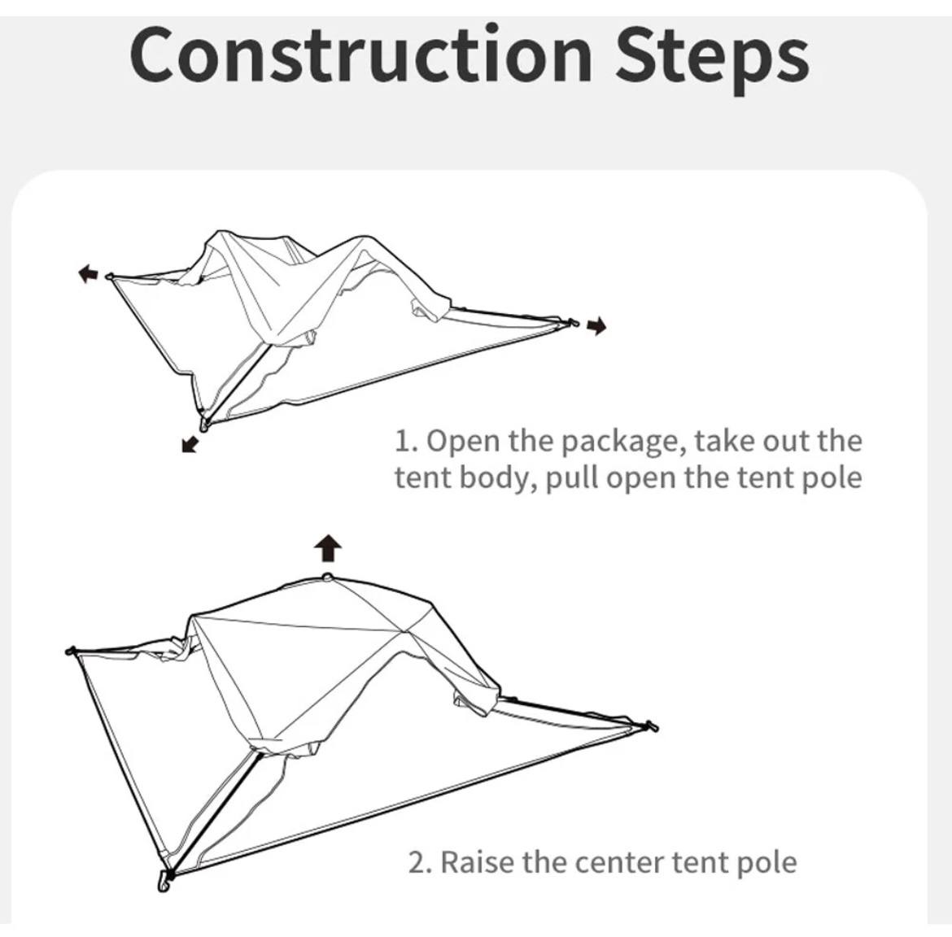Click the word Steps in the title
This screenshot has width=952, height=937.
coord(712,59)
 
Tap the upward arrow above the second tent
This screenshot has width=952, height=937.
coord(328,548)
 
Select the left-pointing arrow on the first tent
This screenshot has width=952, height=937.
coord(88,273)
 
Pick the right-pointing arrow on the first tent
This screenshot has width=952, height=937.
coord(596,326)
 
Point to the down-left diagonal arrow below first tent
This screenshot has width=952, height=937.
coord(190,444)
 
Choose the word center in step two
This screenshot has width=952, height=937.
coord(618,863)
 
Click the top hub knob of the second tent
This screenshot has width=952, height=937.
coord(327,577)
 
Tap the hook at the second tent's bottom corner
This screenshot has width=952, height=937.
coord(164,881)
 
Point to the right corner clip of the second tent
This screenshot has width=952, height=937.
coord(652,726)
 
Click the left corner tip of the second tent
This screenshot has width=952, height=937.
coord(70,652)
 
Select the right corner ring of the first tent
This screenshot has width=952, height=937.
coord(570,323)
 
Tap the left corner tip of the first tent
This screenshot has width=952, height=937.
coord(109,277)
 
